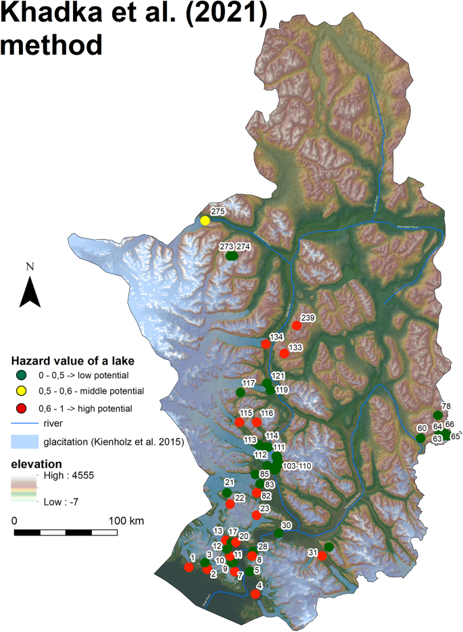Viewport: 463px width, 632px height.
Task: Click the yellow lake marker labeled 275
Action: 205,220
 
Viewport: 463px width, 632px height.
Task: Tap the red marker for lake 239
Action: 296,326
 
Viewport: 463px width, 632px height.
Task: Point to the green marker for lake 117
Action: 241,392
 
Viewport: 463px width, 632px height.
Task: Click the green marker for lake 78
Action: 437,415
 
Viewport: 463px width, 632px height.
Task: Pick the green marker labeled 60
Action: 420,438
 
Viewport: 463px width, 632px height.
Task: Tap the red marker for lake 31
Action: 322,556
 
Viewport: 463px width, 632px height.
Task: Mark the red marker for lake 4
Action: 255,594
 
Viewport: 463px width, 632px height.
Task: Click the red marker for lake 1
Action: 189,567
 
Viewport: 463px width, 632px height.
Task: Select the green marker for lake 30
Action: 278,533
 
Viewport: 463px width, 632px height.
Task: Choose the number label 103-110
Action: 297,467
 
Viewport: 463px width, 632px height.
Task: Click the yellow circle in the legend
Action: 22,391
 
